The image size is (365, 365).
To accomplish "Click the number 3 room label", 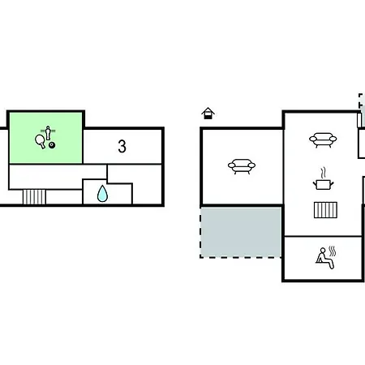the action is (122, 146).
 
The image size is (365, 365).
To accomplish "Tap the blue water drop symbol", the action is (102, 194).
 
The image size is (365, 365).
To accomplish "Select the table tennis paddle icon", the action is (41, 141).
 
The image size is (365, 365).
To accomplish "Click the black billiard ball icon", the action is (52, 145).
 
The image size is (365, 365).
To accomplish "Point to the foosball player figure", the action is (48, 133).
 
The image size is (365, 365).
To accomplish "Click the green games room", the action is (46, 138).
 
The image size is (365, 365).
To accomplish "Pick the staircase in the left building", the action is (34, 197).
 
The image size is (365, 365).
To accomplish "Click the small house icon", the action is (208, 114).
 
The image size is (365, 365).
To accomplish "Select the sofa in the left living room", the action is (242, 166).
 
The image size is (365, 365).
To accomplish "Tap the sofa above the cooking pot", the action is (323, 140).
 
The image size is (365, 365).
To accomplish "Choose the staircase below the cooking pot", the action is (325, 210).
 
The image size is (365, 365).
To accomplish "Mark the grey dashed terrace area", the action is (241, 232).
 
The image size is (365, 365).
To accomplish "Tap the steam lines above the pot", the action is (323, 173).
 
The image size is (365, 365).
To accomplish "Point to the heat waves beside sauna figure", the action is (333, 251).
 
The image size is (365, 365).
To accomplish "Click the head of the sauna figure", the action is (323, 250).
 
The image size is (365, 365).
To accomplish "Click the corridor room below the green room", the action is (58, 177).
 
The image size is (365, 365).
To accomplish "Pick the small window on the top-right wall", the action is (359, 120).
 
